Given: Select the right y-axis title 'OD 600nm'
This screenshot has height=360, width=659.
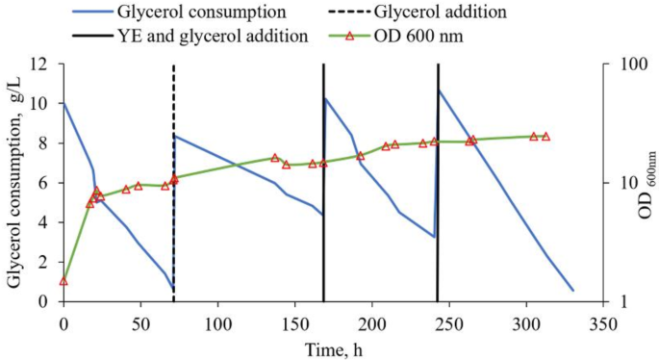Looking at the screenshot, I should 645,183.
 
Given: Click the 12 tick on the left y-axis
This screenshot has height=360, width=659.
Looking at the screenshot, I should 40,64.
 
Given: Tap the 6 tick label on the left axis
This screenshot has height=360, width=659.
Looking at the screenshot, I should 45,183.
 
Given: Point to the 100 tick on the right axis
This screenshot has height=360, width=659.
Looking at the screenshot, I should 625,64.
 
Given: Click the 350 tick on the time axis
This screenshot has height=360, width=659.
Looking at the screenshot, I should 602,322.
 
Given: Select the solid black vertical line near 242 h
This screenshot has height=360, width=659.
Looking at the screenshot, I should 438,241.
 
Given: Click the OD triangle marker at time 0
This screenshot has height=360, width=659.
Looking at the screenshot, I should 63,281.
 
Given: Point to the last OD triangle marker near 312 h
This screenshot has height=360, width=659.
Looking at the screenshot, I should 545,137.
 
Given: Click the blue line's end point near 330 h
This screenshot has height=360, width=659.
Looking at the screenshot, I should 572,290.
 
